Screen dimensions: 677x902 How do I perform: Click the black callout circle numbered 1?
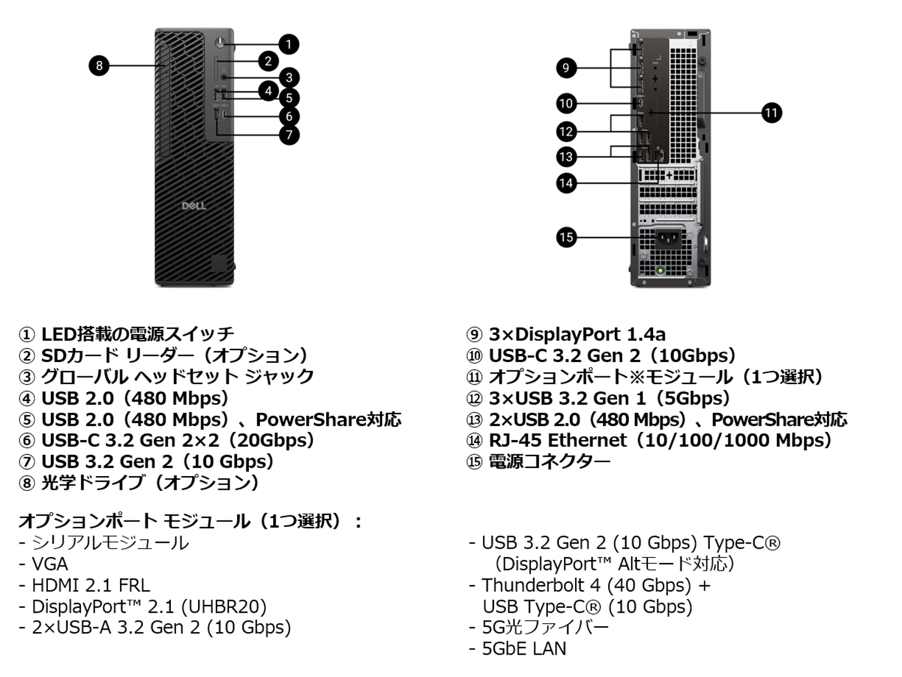pos(288,44)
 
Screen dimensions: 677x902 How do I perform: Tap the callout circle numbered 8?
pos(99,65)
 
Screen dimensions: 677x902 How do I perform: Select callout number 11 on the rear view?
pos(771,112)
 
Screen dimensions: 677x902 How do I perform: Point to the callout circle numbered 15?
pos(566,237)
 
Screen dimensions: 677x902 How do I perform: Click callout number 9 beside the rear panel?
pos(566,68)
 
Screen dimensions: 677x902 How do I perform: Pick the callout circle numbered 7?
pos(289,135)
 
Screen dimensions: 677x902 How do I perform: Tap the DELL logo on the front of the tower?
pos(194,206)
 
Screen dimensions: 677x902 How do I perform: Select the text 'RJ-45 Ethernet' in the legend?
pos(557,441)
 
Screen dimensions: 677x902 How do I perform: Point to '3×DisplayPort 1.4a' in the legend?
pos(577,334)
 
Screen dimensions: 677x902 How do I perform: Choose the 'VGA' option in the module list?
pos(50,564)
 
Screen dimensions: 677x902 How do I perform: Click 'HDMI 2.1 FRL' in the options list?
pos(90,585)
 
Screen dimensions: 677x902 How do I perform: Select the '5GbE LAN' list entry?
pos(524,649)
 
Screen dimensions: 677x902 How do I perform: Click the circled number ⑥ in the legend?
pos(27,441)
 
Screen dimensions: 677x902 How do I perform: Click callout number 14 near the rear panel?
pos(566,183)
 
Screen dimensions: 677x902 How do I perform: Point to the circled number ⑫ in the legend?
pos(475,399)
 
